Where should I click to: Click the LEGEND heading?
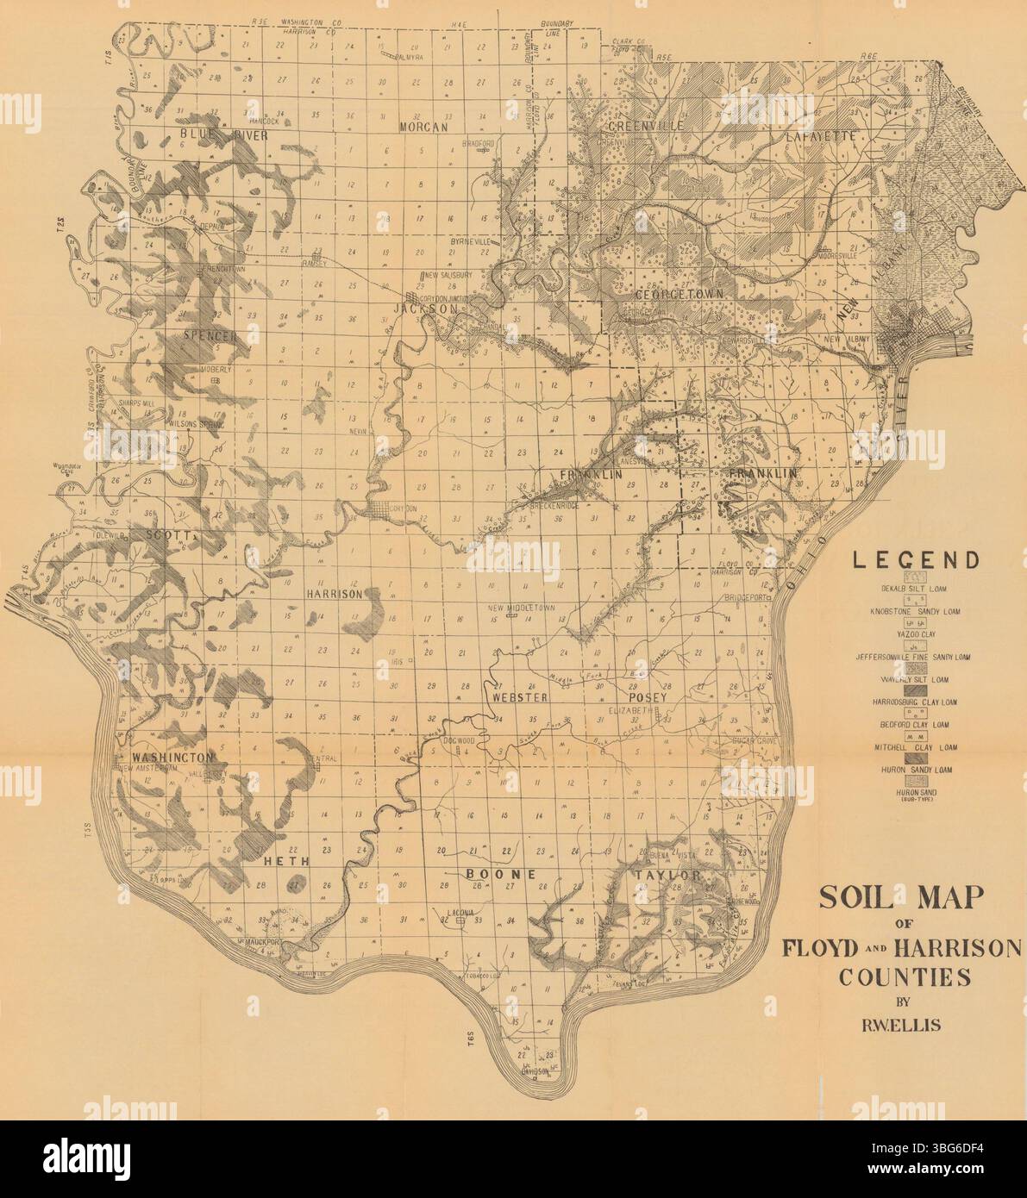(x=916, y=560)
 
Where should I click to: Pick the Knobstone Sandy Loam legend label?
(x=914, y=611)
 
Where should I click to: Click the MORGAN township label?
(x=424, y=128)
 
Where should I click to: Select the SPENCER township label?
(x=210, y=335)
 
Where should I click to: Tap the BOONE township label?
(x=502, y=874)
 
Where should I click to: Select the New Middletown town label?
(x=522, y=608)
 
